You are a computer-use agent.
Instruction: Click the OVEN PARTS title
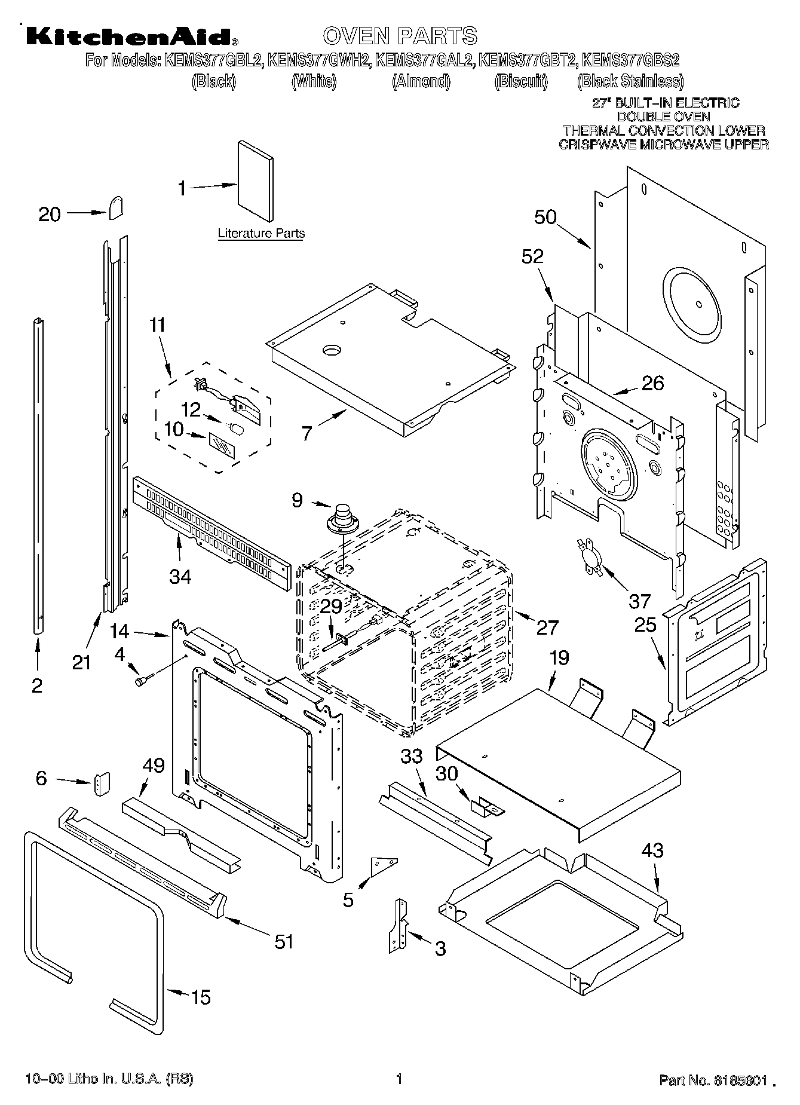(400, 36)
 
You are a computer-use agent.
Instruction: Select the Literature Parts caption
(261, 234)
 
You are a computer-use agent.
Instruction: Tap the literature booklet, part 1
(255, 181)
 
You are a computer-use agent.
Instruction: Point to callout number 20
(50, 214)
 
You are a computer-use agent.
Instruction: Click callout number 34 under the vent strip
(180, 577)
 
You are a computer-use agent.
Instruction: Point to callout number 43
(652, 850)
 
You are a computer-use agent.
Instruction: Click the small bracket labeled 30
(487, 808)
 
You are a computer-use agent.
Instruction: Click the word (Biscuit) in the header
(521, 82)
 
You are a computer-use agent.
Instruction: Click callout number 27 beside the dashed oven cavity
(547, 627)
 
